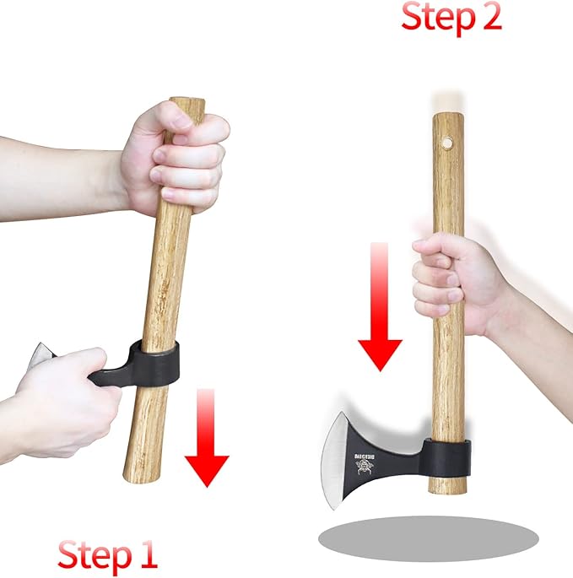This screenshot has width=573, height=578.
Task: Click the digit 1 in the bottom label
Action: (x=148, y=555)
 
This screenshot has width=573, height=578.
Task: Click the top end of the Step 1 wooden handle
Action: (x=189, y=105)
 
